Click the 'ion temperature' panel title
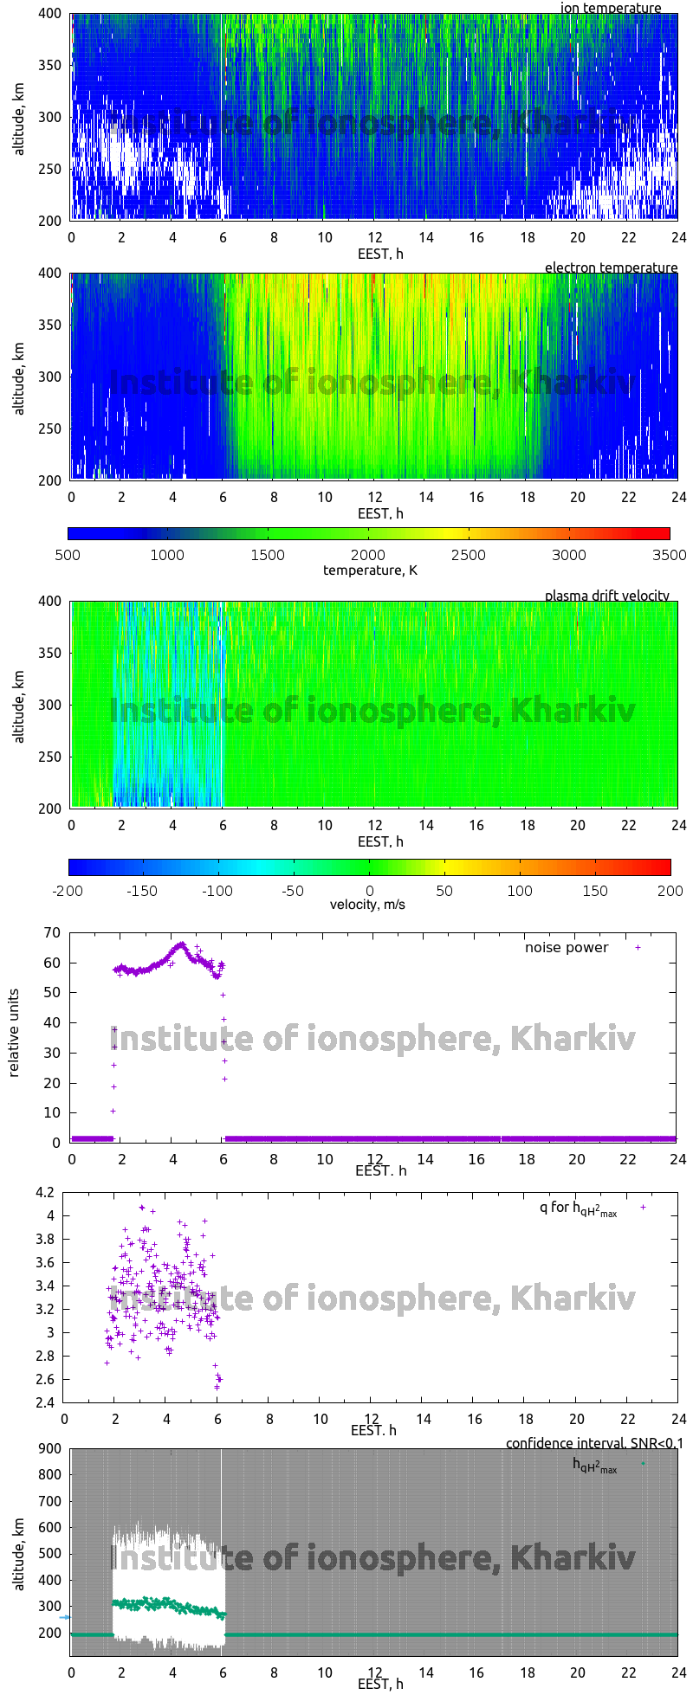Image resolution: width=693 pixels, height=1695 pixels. (610, 8)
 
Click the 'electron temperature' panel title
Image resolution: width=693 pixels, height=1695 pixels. (611, 267)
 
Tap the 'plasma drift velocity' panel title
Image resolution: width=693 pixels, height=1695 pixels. (606, 596)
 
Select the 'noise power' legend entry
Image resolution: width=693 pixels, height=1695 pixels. (567, 947)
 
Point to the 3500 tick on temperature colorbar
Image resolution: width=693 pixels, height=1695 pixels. (669, 555)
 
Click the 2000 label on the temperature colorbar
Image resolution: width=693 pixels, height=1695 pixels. (368, 555)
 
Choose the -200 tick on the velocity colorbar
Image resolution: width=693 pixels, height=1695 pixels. (68, 890)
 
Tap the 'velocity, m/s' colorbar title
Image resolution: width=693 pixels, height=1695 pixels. (367, 905)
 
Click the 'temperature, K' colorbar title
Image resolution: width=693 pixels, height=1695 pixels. (370, 570)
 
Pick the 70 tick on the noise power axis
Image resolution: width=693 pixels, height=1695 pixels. (52, 932)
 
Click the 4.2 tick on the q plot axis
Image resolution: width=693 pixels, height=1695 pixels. (45, 1192)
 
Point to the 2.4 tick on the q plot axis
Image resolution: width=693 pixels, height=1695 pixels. (45, 1402)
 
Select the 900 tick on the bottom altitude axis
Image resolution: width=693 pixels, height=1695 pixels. (49, 1448)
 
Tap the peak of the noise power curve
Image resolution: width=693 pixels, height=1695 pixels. (181, 944)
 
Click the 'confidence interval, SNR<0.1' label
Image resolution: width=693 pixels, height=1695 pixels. (594, 1443)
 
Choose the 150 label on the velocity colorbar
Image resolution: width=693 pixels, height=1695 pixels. (594, 890)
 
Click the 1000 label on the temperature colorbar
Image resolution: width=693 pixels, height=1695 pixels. (167, 555)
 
